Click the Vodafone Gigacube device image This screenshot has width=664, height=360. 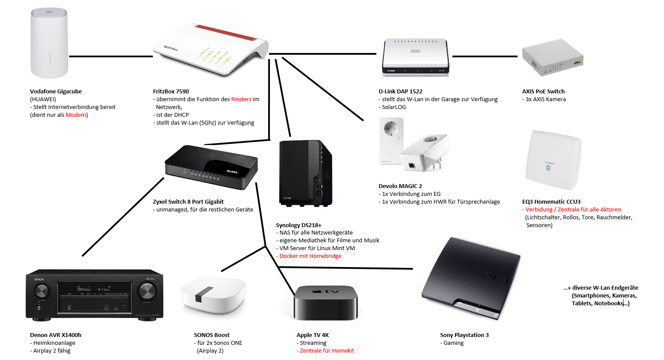point(50,43)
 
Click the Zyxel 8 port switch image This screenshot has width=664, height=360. point(212,167)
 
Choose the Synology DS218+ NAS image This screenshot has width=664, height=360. point(305,172)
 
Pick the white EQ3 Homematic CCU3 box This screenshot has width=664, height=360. point(553,160)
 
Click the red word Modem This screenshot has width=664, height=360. point(76,115)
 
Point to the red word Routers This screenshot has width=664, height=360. point(241,99)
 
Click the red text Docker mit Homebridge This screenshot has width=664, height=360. point(310,256)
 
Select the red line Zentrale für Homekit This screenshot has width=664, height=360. point(327,351)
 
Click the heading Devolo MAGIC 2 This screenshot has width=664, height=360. point(400,186)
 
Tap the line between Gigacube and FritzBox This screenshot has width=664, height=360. point(111,56)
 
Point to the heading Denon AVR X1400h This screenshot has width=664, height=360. point(56,335)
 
